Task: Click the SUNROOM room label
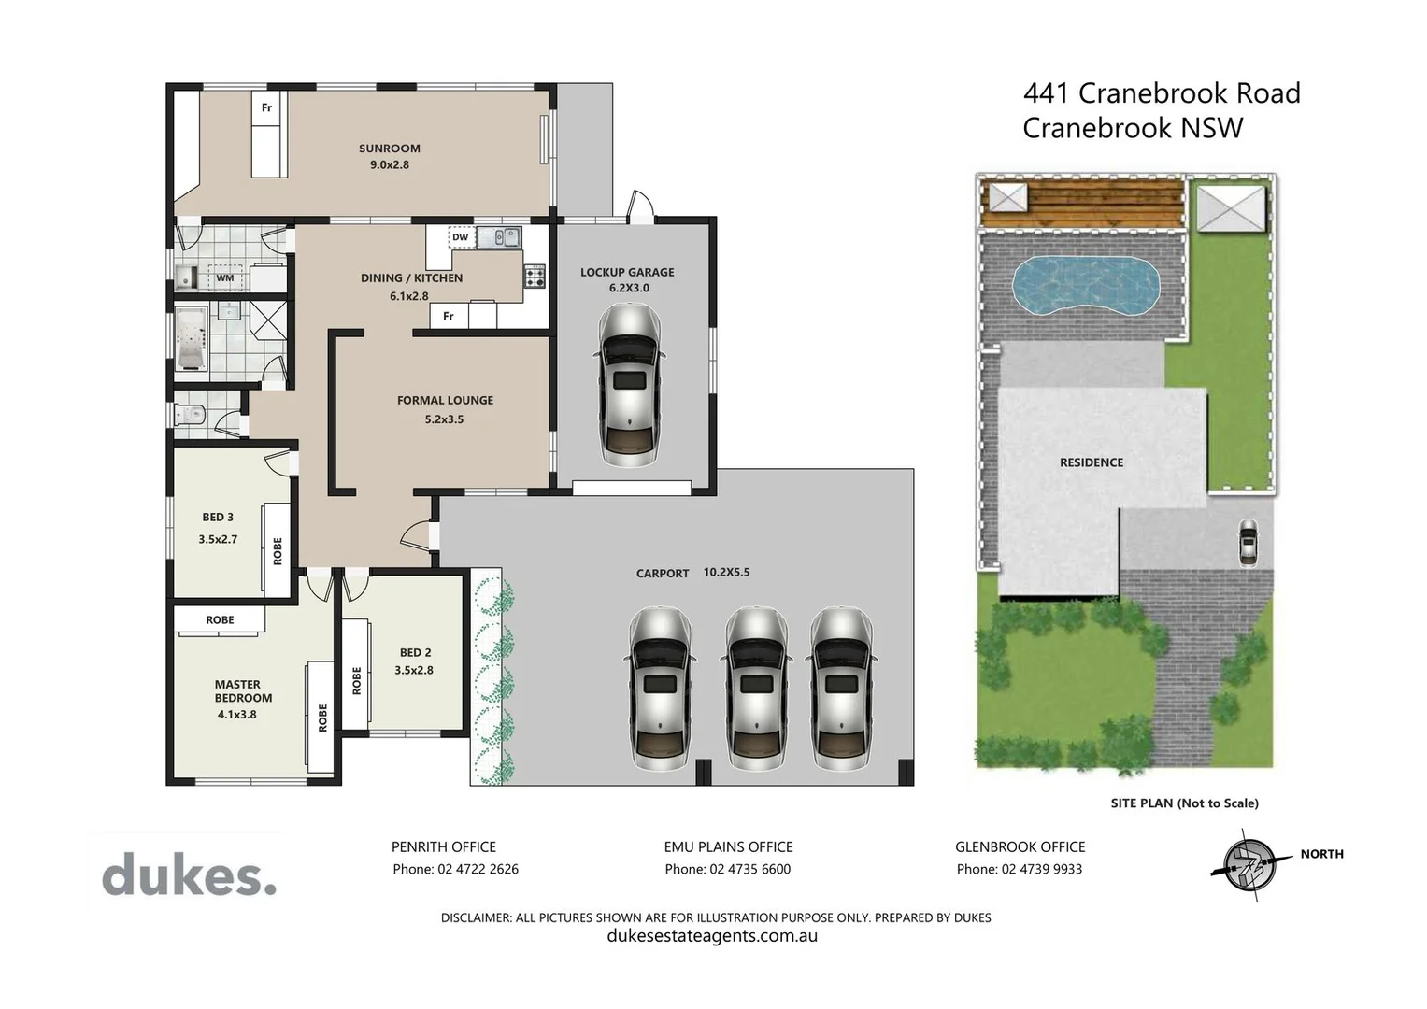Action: (x=389, y=149)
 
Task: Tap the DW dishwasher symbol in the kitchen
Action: (x=460, y=237)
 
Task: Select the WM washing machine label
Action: (x=224, y=277)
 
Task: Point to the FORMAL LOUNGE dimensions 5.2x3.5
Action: (x=444, y=419)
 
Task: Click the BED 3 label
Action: (x=218, y=517)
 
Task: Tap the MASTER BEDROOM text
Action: (x=243, y=691)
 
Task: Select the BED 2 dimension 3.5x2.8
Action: (x=414, y=670)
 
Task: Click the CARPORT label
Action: (x=663, y=573)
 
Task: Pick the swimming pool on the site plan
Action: (x=1086, y=286)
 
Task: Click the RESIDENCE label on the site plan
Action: (x=1091, y=462)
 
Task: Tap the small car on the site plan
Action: (x=1248, y=542)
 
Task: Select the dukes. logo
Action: (x=189, y=875)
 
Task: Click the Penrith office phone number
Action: (x=455, y=869)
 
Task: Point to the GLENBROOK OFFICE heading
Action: (x=1020, y=846)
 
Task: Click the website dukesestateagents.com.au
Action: (x=712, y=936)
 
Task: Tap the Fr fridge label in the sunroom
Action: (x=266, y=107)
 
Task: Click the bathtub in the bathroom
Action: (x=191, y=338)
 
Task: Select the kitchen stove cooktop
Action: (x=535, y=277)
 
